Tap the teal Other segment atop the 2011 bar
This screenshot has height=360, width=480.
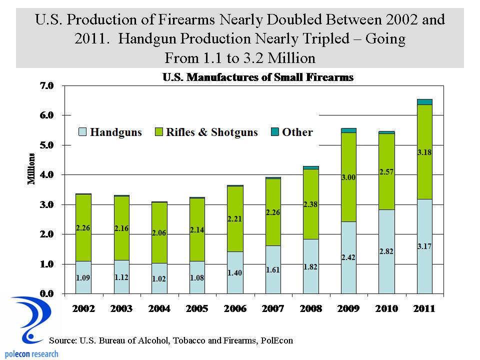424,102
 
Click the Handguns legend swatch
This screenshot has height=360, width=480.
82,132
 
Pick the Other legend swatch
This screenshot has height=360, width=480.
274,132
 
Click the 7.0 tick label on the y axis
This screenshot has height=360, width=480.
49,85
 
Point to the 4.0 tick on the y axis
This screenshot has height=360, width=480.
49,175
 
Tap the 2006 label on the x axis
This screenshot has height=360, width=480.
235,308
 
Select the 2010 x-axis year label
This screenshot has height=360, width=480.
386,308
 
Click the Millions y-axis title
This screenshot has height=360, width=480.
31,170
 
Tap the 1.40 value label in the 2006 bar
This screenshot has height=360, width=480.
235,273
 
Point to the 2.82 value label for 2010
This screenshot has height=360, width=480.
386,251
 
